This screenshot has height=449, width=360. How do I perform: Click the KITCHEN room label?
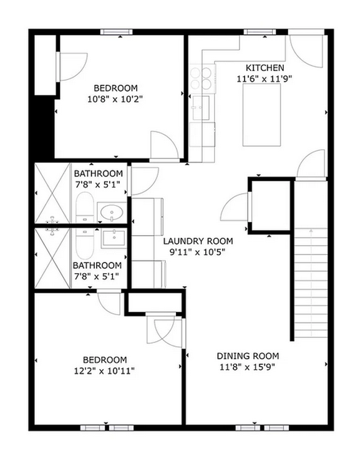pyautogui.click(x=265, y=67)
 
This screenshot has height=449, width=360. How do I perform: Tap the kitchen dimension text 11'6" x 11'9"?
pyautogui.click(x=265, y=79)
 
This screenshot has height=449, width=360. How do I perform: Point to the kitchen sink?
pyautogui.click(x=202, y=107)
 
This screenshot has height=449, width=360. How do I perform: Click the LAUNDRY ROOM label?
pyautogui.click(x=198, y=241)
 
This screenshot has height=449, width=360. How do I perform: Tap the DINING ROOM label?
pyautogui.click(x=248, y=355)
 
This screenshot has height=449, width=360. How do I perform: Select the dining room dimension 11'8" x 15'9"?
pyautogui.click(x=248, y=367)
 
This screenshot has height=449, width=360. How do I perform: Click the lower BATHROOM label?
pyautogui.click(x=97, y=265)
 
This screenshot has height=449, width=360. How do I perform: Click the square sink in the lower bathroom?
pyautogui.click(x=114, y=238)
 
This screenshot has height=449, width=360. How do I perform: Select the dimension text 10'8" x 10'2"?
pyautogui.click(x=115, y=99)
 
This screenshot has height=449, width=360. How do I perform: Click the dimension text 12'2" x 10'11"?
pyautogui.click(x=104, y=370)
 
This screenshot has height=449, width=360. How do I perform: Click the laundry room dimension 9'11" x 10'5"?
pyautogui.click(x=198, y=253)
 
